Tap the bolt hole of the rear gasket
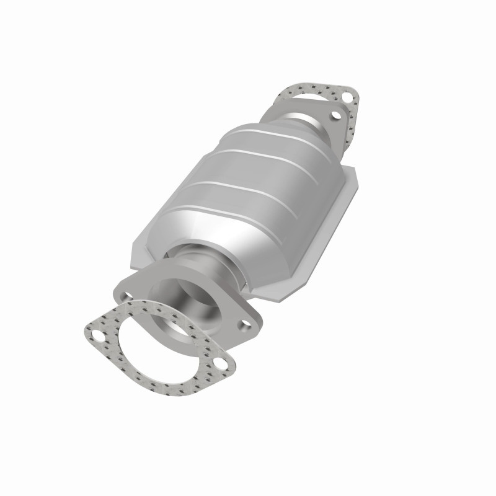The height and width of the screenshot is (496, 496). (x=351, y=97)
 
